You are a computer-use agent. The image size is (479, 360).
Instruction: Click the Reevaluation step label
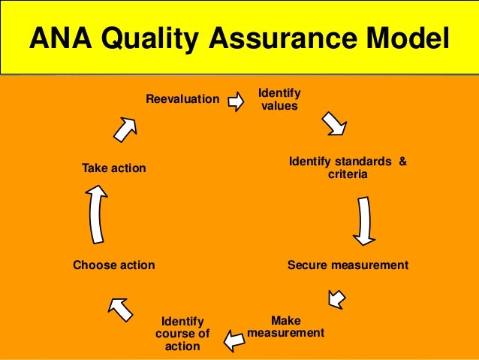(x=182, y=98)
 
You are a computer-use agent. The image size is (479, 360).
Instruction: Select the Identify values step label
(x=279, y=99)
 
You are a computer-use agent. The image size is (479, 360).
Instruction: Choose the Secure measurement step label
(x=348, y=265)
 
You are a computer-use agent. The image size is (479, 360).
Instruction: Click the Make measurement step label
(x=285, y=325)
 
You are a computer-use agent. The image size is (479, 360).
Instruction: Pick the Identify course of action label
(x=182, y=334)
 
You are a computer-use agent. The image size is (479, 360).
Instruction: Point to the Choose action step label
(x=113, y=265)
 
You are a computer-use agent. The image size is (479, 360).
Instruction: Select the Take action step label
(x=113, y=168)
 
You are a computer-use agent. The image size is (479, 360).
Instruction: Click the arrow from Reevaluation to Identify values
(x=236, y=100)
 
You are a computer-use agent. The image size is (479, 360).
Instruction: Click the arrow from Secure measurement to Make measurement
(x=336, y=298)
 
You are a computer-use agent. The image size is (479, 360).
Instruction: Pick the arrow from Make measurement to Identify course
(x=235, y=340)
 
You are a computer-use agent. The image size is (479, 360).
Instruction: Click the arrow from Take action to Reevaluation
(x=125, y=129)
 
